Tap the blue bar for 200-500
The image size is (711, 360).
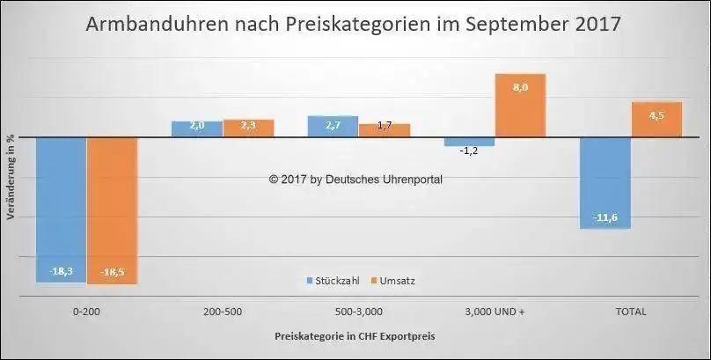pyautogui.click(x=196, y=129)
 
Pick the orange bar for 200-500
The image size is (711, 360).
pyautogui.click(x=248, y=128)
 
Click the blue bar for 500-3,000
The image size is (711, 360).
pyautogui.click(x=333, y=126)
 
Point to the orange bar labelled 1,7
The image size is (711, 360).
pyautogui.click(x=385, y=130)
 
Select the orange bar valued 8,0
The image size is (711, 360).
pyautogui.click(x=521, y=106)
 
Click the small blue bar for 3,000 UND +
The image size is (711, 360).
pyautogui.click(x=469, y=141)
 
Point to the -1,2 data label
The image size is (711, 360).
pyautogui.click(x=469, y=151)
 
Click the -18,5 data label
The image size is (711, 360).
pyautogui.click(x=112, y=272)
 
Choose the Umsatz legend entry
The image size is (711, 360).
pyautogui.click(x=392, y=281)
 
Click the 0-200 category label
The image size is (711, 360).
pyautogui.click(x=85, y=312)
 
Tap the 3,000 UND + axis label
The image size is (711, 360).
pyautogui.click(x=495, y=312)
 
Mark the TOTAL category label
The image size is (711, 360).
pyautogui.click(x=632, y=312)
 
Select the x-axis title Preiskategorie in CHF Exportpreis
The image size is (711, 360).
pyautogui.click(x=354, y=336)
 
